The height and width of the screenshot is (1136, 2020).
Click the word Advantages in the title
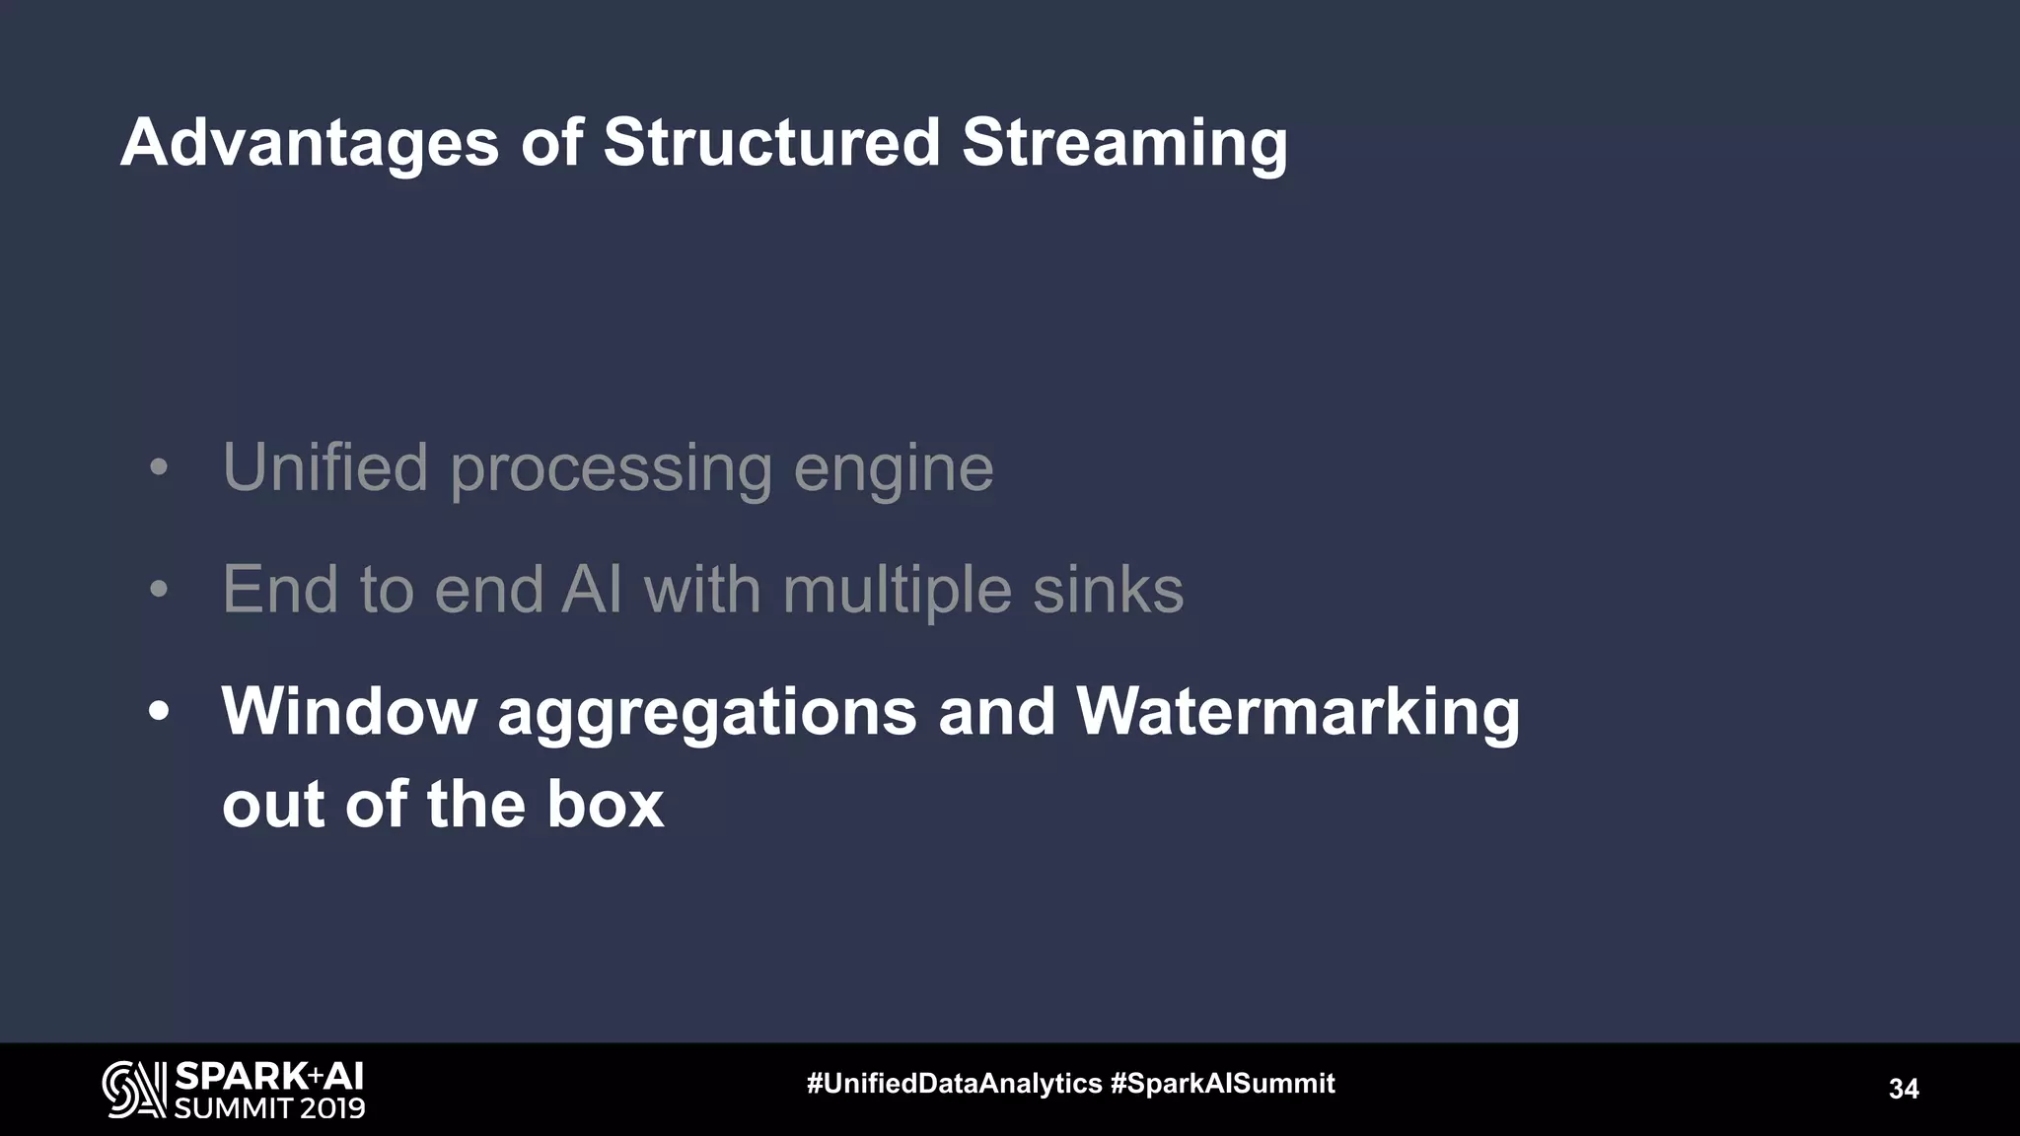tap(310, 144)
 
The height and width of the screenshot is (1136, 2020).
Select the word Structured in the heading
tap(771, 142)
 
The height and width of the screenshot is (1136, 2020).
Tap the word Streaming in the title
tap(1124, 144)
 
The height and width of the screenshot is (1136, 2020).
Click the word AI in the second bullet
tap(592, 590)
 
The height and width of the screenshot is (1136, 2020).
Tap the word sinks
tap(1108, 590)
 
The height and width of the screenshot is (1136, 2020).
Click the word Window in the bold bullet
tap(348, 711)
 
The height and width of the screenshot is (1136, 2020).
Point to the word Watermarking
tap(1297, 712)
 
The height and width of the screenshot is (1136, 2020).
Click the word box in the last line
tap(605, 805)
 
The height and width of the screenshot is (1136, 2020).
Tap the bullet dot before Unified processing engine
tap(159, 468)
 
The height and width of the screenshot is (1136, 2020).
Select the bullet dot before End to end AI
tap(159, 591)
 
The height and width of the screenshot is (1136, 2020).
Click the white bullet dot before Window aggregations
tap(159, 712)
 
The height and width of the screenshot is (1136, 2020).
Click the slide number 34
tap(1903, 1089)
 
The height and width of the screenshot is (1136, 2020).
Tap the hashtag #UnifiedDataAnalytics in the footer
tap(954, 1084)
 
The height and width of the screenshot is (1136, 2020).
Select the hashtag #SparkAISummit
tap(1222, 1084)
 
